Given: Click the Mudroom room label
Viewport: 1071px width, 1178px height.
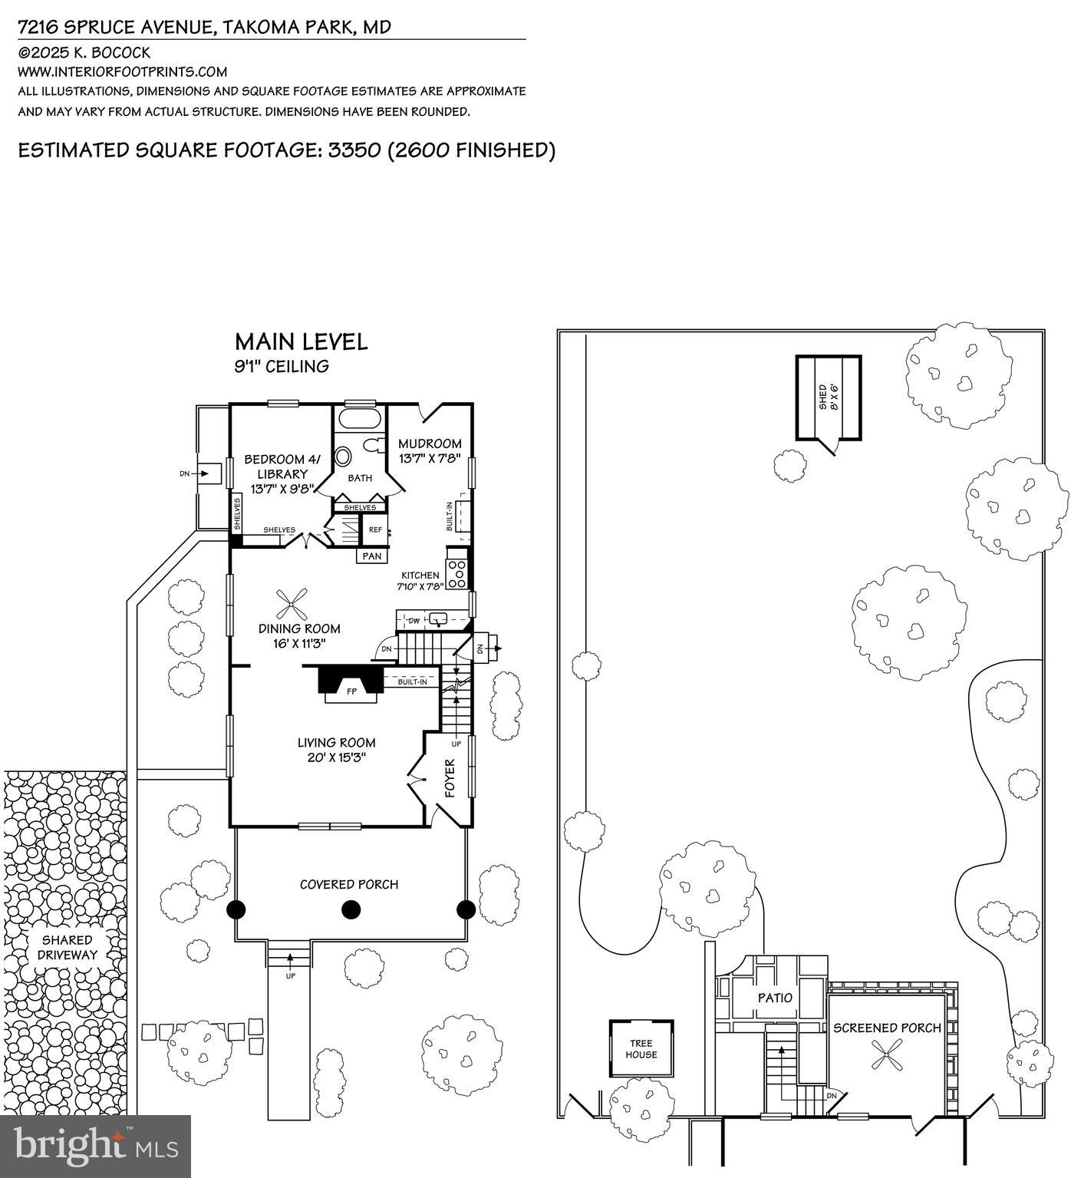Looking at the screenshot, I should click(430, 444).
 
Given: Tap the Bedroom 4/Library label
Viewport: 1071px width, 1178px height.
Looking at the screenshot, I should click(282, 467).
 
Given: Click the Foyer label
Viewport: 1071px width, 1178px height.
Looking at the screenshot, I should click(450, 777).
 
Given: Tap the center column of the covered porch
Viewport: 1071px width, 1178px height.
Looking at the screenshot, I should click(351, 910).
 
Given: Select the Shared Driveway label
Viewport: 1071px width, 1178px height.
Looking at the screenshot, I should click(68, 947).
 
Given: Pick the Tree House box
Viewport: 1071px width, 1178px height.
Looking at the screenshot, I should click(641, 1049).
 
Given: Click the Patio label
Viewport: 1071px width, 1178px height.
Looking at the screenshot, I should click(775, 998).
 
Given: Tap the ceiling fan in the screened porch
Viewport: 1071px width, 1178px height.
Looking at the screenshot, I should click(887, 1056).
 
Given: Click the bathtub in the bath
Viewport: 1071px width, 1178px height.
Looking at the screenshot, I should click(359, 419).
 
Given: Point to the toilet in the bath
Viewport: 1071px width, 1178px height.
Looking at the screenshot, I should click(374, 446).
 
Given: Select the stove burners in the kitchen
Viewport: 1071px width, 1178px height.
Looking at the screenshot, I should click(458, 574).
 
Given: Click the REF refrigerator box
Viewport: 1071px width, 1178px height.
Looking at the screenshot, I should click(375, 530).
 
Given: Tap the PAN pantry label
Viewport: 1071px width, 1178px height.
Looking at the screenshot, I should click(372, 556).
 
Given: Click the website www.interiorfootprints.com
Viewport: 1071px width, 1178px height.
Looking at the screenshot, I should click(123, 72).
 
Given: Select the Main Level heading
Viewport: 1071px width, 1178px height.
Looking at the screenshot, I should click(301, 342).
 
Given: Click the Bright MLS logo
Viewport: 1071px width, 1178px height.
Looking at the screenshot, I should click(95, 1146).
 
